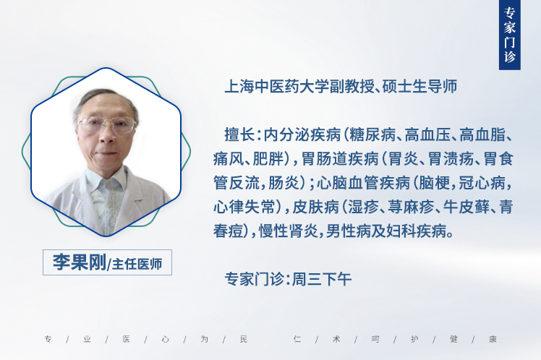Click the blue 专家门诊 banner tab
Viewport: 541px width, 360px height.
point(509,35)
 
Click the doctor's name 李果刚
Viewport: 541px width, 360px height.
point(80,262)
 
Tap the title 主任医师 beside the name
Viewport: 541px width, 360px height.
point(137,264)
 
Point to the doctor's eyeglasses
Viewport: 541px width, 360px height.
point(107,124)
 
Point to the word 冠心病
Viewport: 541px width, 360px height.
point(482,183)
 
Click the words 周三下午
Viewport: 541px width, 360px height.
point(322,279)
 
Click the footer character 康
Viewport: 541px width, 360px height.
point(493,339)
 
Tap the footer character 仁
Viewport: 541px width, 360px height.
point(297,339)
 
